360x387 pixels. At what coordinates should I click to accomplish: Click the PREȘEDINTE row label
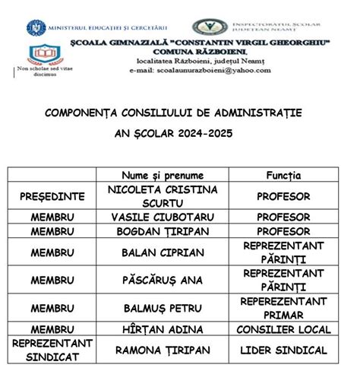click(x=52, y=196)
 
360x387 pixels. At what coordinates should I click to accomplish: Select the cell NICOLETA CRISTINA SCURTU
click(x=162, y=196)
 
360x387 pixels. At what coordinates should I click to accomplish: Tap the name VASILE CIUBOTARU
click(x=162, y=217)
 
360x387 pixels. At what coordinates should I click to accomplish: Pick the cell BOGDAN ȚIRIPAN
click(x=162, y=231)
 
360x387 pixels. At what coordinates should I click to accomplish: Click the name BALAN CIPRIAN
click(x=162, y=252)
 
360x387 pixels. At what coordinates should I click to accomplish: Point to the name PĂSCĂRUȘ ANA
click(x=162, y=280)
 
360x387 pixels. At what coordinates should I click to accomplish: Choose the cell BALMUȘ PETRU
click(x=162, y=308)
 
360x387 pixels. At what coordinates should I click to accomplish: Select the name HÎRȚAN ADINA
click(x=162, y=329)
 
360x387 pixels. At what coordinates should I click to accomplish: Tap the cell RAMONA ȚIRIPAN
click(x=162, y=350)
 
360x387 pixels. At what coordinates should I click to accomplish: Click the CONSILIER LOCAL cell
click(x=283, y=329)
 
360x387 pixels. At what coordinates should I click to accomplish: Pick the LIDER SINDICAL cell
click(x=283, y=350)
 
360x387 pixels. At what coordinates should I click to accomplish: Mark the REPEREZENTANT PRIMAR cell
click(x=283, y=308)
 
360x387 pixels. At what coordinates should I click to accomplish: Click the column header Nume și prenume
click(x=162, y=175)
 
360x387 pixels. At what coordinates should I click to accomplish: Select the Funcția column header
click(x=283, y=175)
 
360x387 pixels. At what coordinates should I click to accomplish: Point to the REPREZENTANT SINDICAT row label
click(x=52, y=350)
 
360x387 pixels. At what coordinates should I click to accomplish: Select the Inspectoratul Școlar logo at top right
click(x=207, y=27)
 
